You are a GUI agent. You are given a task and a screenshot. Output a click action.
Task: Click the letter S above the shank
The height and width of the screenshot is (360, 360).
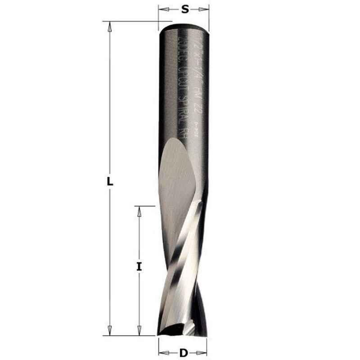(184, 9)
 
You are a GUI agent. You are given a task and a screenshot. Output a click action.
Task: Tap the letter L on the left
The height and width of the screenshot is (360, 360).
(109, 182)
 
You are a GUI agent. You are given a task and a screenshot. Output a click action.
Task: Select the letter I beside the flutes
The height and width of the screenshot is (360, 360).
(139, 266)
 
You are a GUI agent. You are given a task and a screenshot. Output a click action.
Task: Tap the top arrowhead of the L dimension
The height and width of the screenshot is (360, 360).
(109, 25)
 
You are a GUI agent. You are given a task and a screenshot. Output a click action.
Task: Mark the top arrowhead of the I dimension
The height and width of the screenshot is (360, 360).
(139, 211)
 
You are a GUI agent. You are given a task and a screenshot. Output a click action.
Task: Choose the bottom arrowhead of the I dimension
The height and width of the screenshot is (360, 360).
(139, 332)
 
